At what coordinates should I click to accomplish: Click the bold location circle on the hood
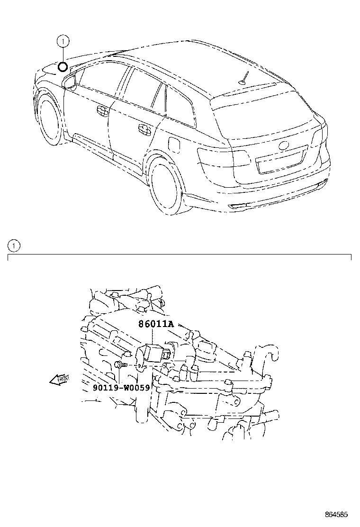[63, 66]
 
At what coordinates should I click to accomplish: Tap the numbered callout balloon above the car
[63, 42]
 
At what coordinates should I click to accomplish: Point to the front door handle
[102, 110]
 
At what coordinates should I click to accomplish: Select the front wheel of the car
[48, 120]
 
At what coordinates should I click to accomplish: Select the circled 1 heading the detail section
[14, 245]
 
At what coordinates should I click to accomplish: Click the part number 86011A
[156, 325]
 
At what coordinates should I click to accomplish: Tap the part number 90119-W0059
[121, 387]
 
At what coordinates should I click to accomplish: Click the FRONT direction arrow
[59, 380]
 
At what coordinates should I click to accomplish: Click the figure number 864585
[336, 514]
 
